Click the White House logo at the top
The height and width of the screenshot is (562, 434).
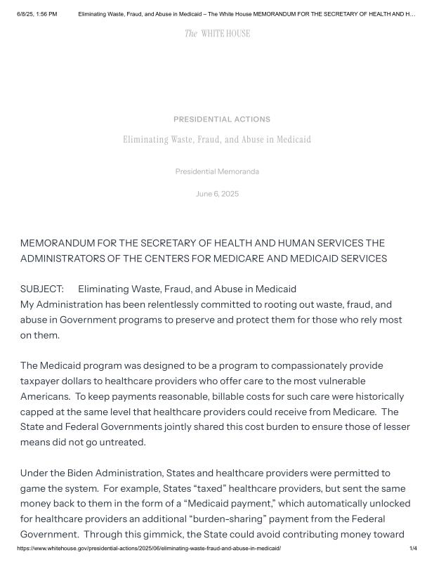(217, 33)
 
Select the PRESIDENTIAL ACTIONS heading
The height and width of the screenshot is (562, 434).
(222, 119)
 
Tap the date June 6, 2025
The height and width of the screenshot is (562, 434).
(217, 194)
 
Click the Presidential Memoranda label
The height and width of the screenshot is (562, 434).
(217, 171)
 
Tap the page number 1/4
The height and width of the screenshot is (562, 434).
(413, 548)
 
